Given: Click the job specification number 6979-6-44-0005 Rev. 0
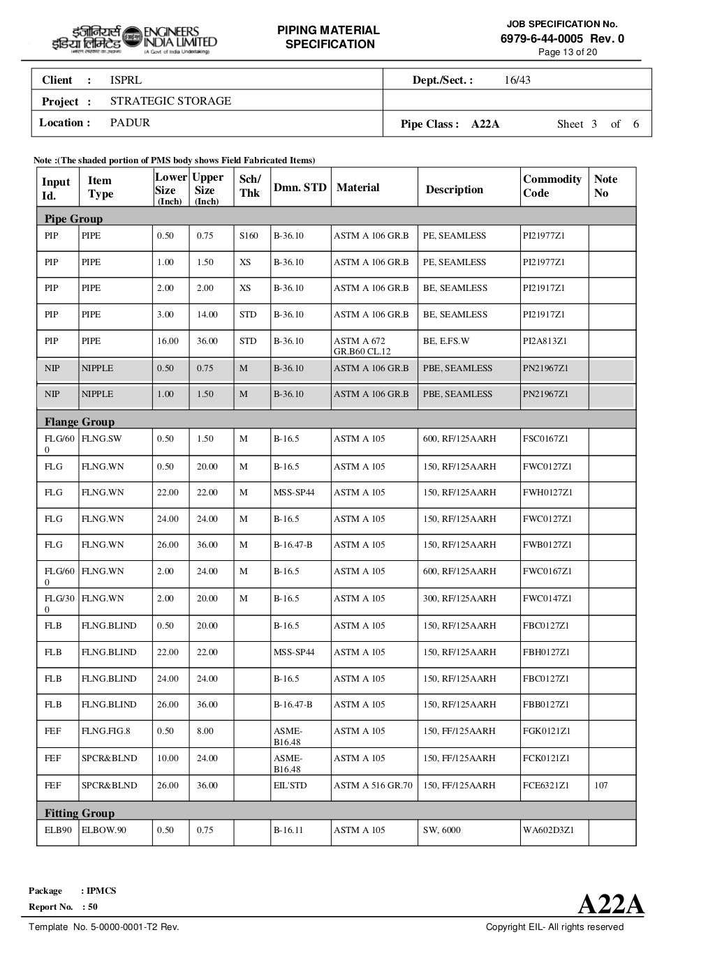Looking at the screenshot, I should [x=562, y=38].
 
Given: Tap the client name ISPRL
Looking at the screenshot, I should [x=126, y=80].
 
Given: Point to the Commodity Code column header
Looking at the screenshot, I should [x=552, y=186].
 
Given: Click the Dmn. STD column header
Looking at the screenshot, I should [x=300, y=187].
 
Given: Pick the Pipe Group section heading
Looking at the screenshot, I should [x=73, y=218].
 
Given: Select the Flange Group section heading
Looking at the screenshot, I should [x=79, y=421].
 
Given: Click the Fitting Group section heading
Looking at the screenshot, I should [x=79, y=813].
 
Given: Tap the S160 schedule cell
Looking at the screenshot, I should [x=249, y=236].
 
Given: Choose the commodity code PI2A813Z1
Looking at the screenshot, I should [x=545, y=341].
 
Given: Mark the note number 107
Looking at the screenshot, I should [x=600, y=786].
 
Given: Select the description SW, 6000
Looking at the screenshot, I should [x=441, y=830].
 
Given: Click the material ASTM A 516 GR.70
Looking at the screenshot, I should [x=373, y=786].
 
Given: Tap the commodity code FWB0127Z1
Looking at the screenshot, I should [x=547, y=545].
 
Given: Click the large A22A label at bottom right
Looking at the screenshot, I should [x=611, y=904].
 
